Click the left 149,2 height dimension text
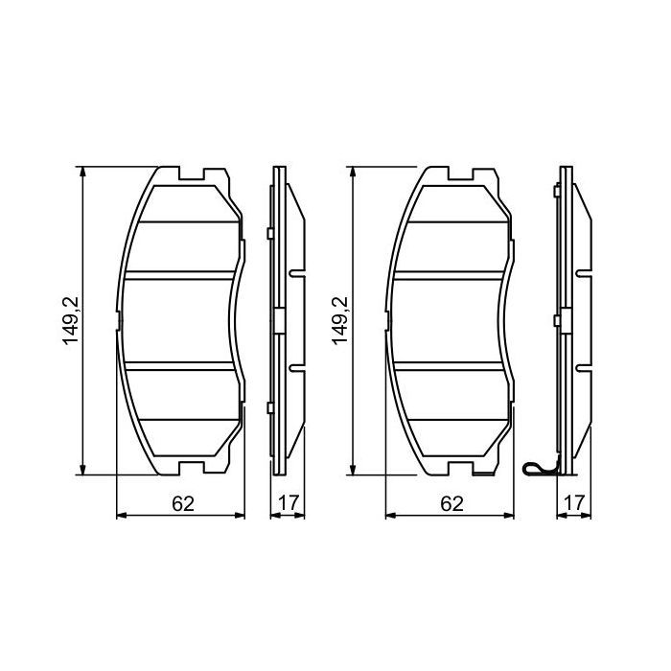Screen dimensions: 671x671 [72, 321]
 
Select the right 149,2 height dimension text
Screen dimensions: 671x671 [340, 321]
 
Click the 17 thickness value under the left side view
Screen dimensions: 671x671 [287, 502]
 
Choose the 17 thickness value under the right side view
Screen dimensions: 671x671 [574, 502]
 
